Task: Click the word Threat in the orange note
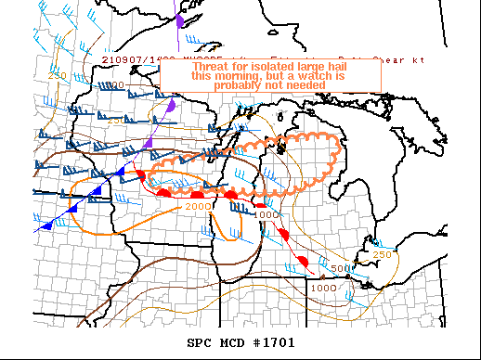(x=212, y=68)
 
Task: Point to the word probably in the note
(x=239, y=85)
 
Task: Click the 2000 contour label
(x=199, y=205)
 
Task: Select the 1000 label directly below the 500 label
(x=323, y=288)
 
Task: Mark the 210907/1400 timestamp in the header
(x=132, y=59)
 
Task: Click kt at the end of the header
(x=419, y=59)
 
